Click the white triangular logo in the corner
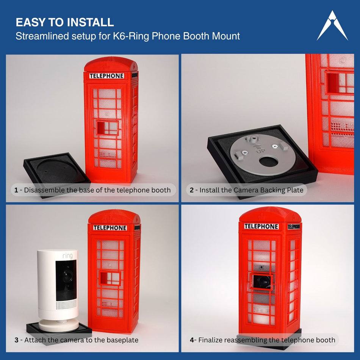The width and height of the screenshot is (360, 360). point(332,27)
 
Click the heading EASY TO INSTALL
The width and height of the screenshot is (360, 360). point(65,22)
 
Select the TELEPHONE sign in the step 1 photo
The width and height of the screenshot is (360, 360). point(107,76)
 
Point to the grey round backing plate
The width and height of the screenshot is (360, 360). point(263,155)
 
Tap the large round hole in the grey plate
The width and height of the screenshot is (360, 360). point(268,162)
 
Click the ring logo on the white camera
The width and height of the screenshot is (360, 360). point(67,255)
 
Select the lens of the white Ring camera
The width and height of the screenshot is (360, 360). point(66,275)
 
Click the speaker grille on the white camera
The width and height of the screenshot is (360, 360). point(66,304)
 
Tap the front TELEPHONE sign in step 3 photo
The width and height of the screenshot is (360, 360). point(110,228)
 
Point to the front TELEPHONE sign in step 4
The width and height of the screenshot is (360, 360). point(261,226)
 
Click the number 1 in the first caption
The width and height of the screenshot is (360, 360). point(16,190)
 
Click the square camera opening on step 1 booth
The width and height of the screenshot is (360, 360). point(107,128)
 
